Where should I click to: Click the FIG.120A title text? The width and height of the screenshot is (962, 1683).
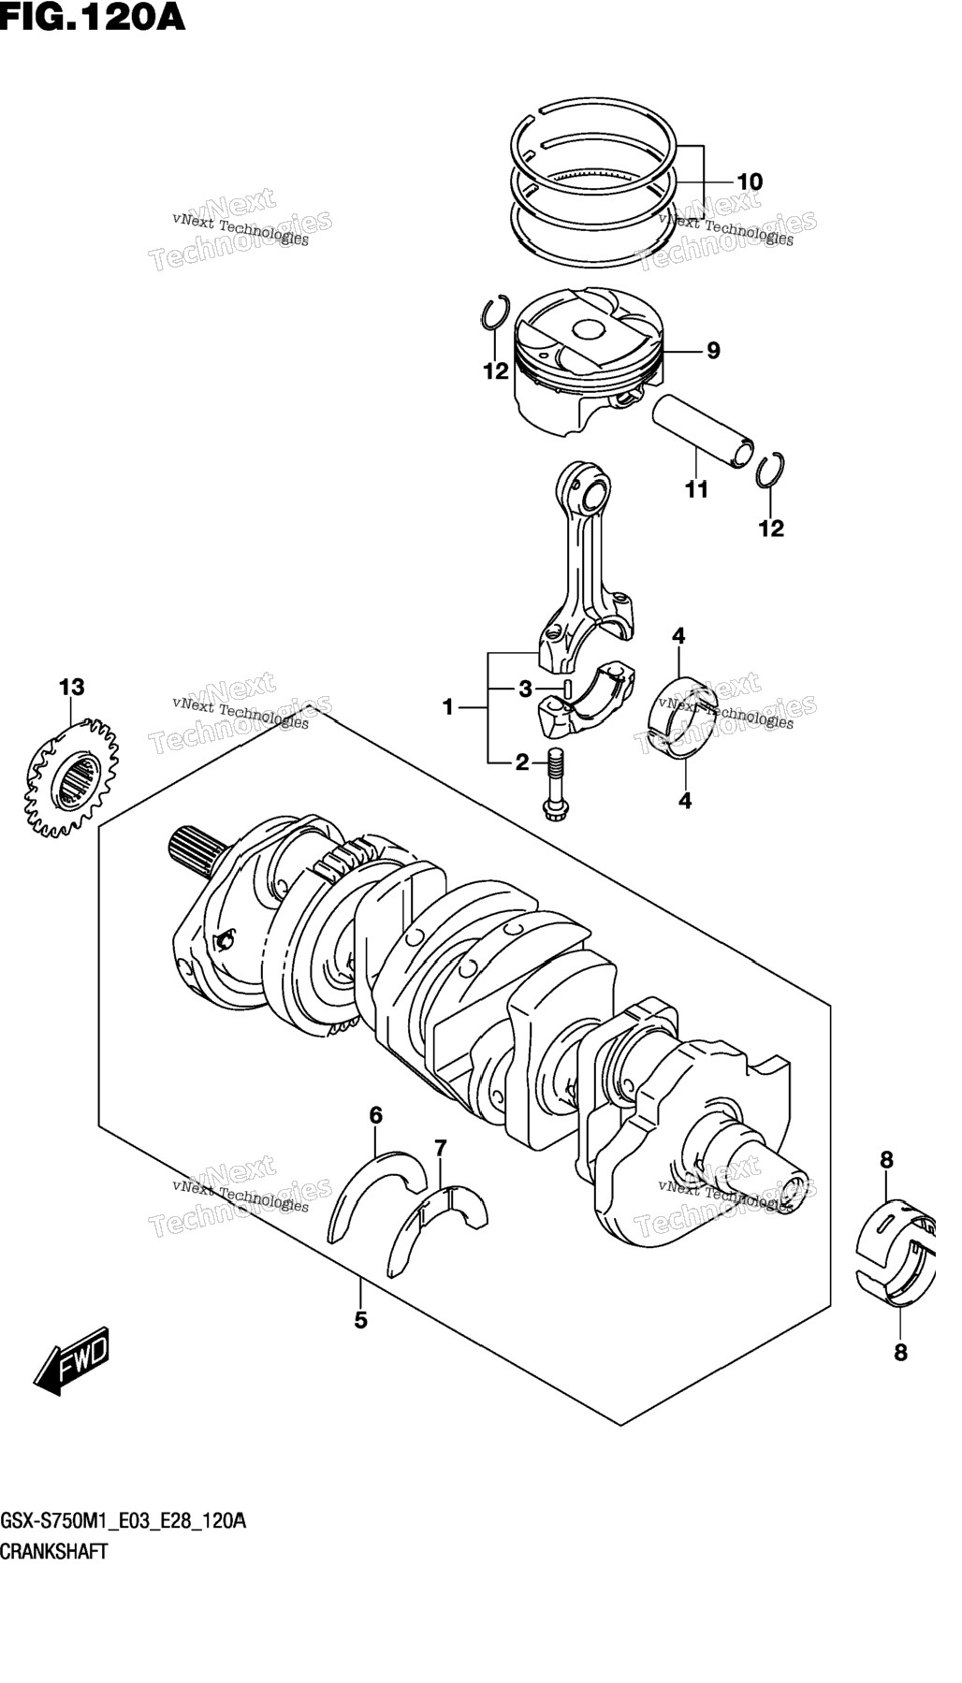[x=93, y=18]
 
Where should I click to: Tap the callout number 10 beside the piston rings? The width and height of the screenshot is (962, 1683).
[x=750, y=181]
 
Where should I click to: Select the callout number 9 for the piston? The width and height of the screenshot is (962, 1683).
[x=713, y=351]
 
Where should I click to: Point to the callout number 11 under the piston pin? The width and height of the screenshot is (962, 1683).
[x=696, y=489]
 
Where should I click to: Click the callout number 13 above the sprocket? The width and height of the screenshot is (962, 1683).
[x=71, y=688]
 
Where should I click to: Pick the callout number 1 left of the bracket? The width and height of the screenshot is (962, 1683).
[x=448, y=707]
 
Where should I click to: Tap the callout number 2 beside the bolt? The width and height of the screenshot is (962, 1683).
[x=522, y=762]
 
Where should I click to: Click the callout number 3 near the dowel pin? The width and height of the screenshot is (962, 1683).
[x=526, y=689]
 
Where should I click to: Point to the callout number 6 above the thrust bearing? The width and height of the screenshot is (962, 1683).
[x=375, y=1115]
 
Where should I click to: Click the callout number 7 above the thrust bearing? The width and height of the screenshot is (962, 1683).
[x=441, y=1148]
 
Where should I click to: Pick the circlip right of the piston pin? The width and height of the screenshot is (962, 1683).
[x=771, y=471]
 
